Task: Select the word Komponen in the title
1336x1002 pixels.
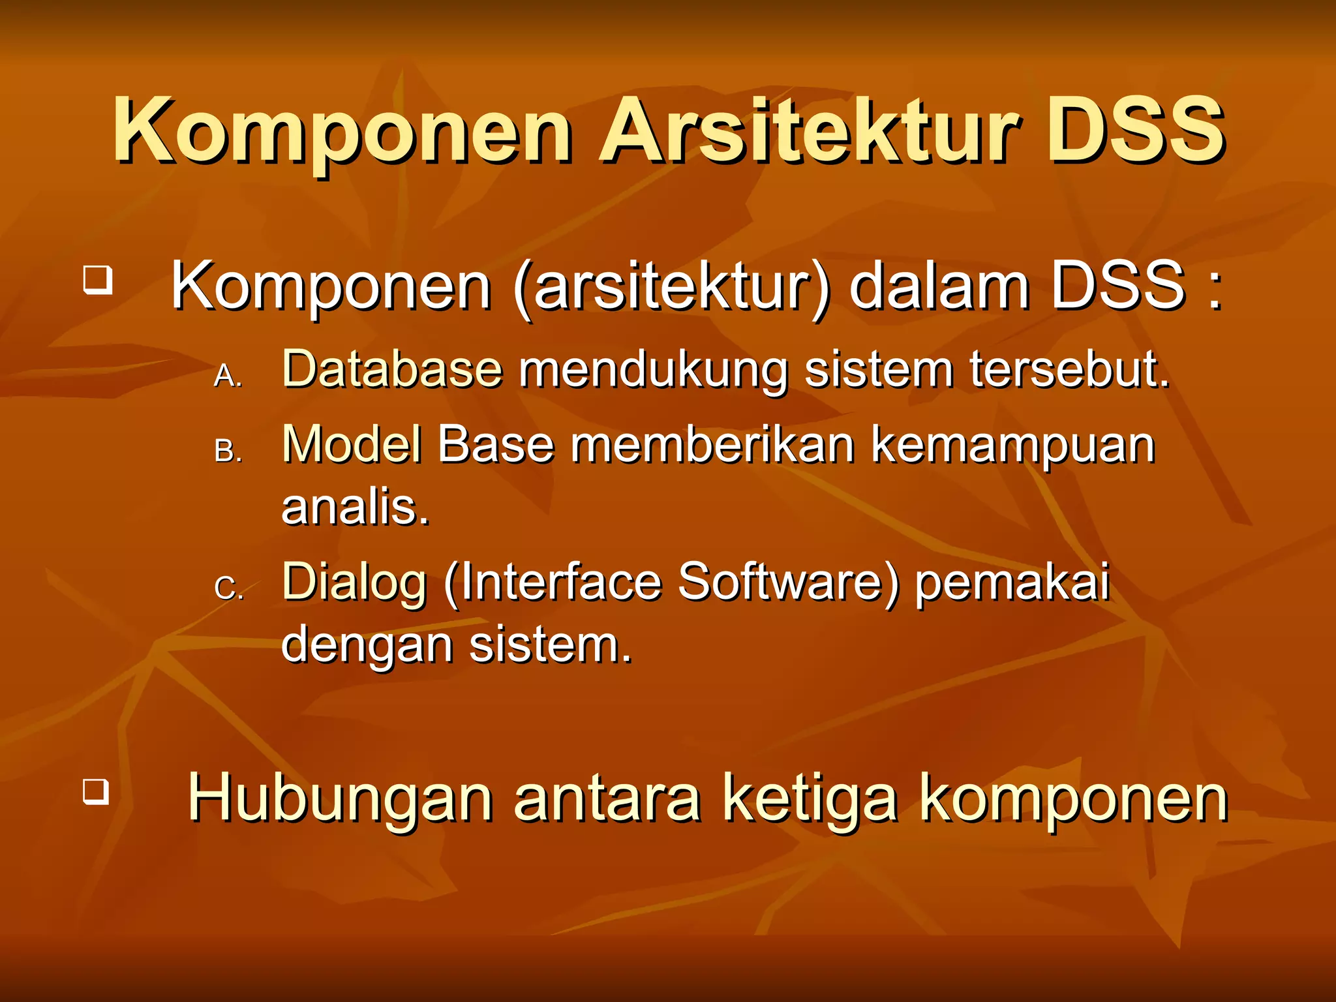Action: pos(343,130)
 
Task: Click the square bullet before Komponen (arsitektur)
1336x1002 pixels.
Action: pos(98,280)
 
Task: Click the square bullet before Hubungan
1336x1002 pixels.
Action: pos(96,791)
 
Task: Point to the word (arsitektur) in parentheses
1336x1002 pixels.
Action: pos(672,287)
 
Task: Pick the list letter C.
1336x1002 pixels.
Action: pos(228,589)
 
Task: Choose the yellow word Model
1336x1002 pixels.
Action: pos(352,445)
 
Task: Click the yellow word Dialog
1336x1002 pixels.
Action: pos(354,583)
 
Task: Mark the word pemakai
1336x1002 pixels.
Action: pos(1012,583)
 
